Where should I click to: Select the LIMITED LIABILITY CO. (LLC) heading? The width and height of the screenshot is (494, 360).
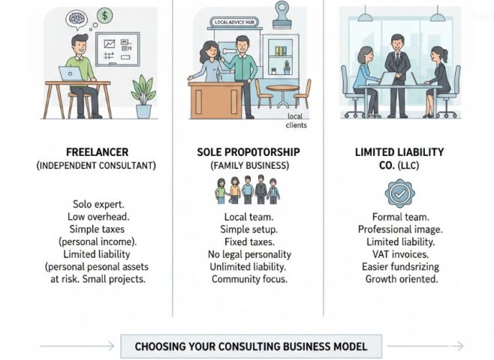[x=399, y=157]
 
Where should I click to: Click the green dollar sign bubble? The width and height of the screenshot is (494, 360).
[x=105, y=14]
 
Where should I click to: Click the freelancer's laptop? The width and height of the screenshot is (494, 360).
[x=69, y=73]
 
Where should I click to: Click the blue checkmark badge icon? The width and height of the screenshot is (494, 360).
[x=399, y=193]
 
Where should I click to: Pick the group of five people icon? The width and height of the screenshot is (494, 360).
[x=247, y=190]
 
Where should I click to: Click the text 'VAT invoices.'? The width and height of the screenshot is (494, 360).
[x=399, y=254]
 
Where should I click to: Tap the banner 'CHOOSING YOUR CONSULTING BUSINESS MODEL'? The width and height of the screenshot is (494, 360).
[x=251, y=346]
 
